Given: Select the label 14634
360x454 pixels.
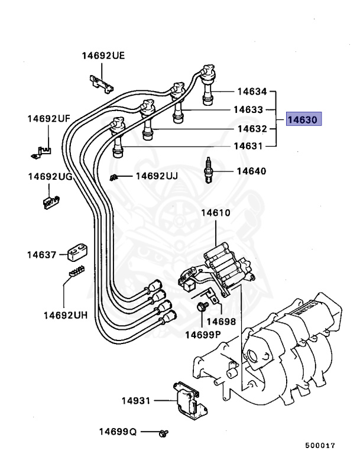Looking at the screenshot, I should point(252,92).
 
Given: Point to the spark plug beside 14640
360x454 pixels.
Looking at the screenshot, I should point(207,171).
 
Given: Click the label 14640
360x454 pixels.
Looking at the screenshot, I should point(251,171).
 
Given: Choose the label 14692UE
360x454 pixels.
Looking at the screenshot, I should point(103,56).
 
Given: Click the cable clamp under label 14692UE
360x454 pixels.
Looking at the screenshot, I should point(100,82).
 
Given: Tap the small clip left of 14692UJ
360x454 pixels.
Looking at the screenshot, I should point(115,177).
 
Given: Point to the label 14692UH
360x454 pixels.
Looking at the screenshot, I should point(65,315).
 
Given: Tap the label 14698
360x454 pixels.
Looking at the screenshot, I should point(222,322).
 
